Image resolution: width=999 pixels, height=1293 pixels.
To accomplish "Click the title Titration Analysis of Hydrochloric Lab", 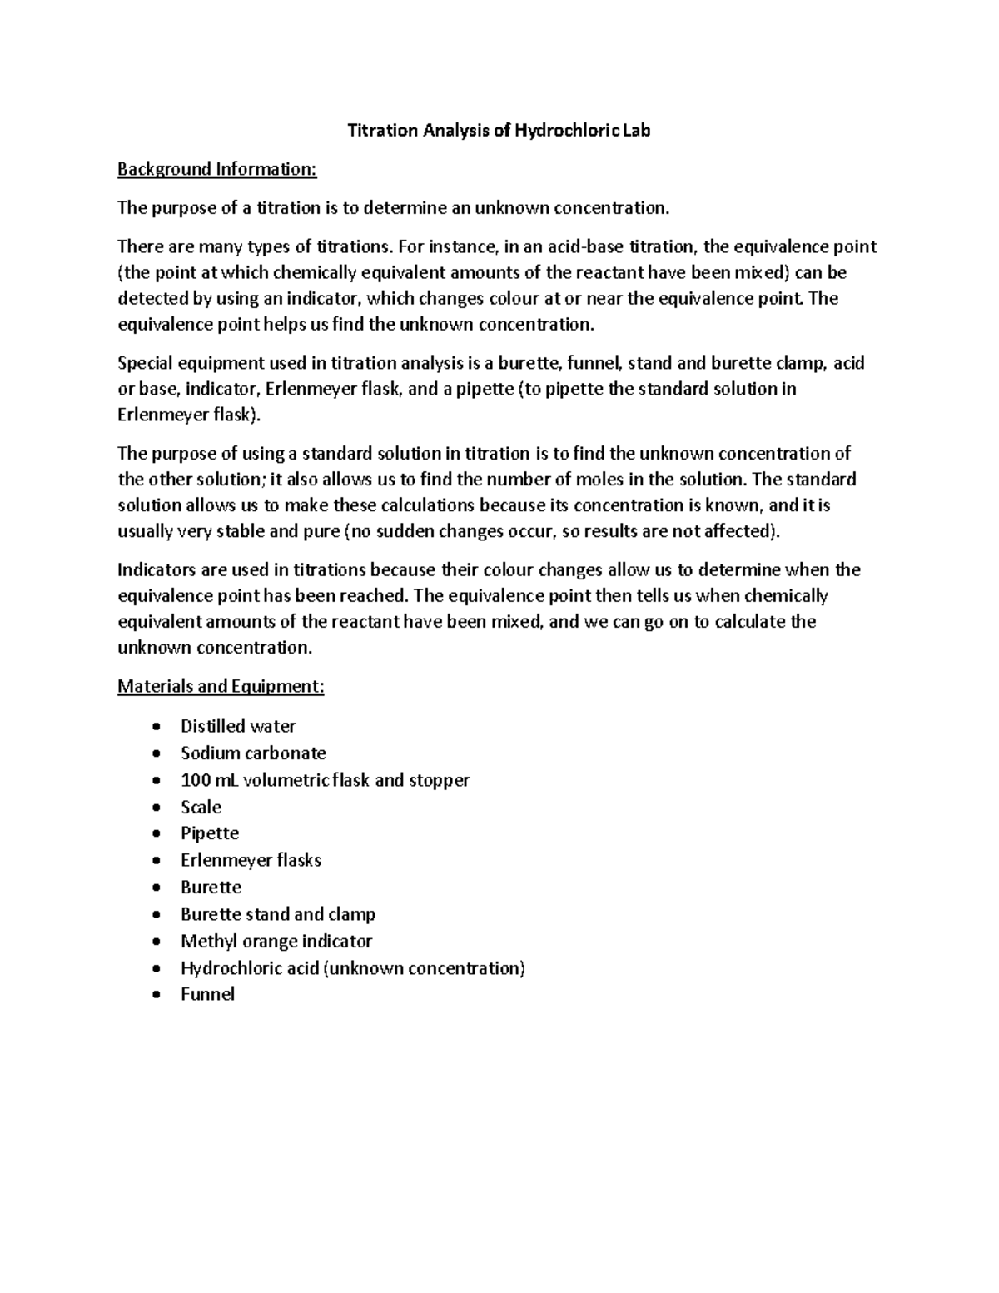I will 498,131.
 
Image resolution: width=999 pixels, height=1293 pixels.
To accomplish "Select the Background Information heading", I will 217,170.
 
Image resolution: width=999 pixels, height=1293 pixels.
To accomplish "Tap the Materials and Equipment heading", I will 221,687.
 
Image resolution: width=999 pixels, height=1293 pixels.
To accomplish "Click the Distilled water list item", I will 238,726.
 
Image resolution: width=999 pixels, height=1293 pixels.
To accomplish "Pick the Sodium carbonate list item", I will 253,753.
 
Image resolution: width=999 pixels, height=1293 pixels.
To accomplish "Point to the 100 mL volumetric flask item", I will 325,780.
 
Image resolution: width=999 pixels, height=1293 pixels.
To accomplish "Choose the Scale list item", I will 201,807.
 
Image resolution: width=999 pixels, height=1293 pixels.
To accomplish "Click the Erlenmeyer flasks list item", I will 251,860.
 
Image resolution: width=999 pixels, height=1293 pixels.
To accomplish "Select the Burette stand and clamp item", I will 278,914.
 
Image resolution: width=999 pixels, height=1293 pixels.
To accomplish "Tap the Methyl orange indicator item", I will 276,941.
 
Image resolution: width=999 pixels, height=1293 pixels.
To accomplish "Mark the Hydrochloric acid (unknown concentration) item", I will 353,967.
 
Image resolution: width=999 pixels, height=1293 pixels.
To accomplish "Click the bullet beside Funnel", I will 157,995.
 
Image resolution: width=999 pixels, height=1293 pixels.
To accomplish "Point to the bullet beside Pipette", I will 157,834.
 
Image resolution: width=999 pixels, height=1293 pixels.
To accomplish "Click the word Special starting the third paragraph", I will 147,363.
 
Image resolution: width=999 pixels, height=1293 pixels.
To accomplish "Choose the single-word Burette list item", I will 211,888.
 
